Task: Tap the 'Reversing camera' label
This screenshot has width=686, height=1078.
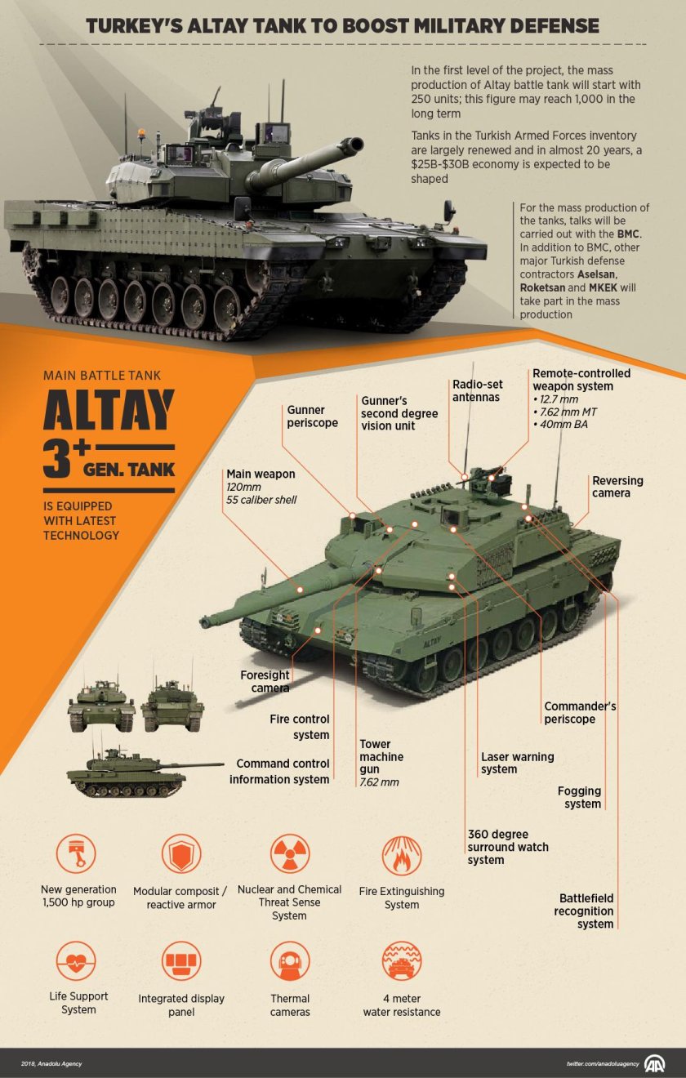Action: pos(617,487)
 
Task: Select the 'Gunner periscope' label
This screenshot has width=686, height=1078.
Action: pos(312,416)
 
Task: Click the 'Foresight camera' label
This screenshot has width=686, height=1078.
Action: pos(265,681)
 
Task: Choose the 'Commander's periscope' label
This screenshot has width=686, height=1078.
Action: pos(580,712)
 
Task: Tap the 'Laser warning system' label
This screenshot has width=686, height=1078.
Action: pos(517,763)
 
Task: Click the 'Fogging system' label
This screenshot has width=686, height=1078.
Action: pos(579,797)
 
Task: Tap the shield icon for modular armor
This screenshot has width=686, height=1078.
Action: pos(181,855)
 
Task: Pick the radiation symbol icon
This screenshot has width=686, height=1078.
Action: pos(289,855)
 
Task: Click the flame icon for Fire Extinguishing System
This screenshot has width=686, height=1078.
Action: pos(402,855)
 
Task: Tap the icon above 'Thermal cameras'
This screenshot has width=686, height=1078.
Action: pos(289,961)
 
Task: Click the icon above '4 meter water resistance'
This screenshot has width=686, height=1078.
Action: pos(402,961)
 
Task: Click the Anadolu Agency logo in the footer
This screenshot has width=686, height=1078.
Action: pos(655,1063)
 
